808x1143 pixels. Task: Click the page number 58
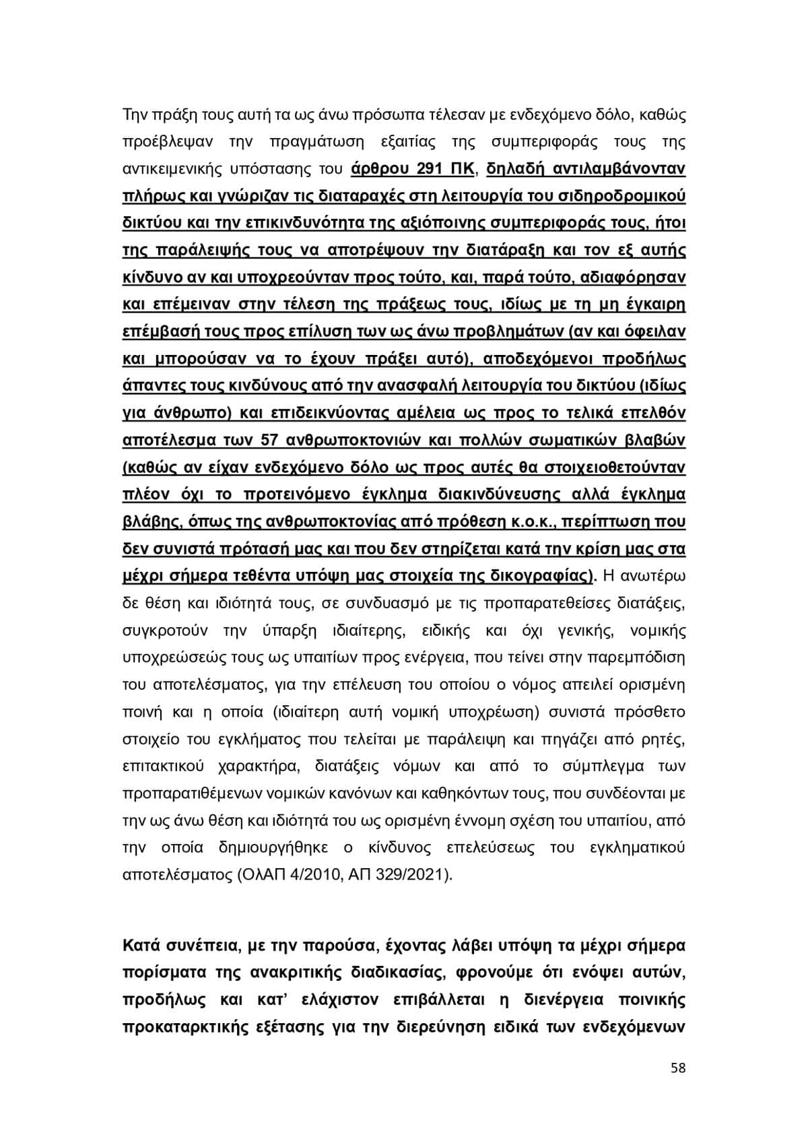(x=678, y=1068)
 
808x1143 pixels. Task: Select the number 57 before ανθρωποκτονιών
(x=269, y=440)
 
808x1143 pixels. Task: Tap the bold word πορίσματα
(x=160, y=973)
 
